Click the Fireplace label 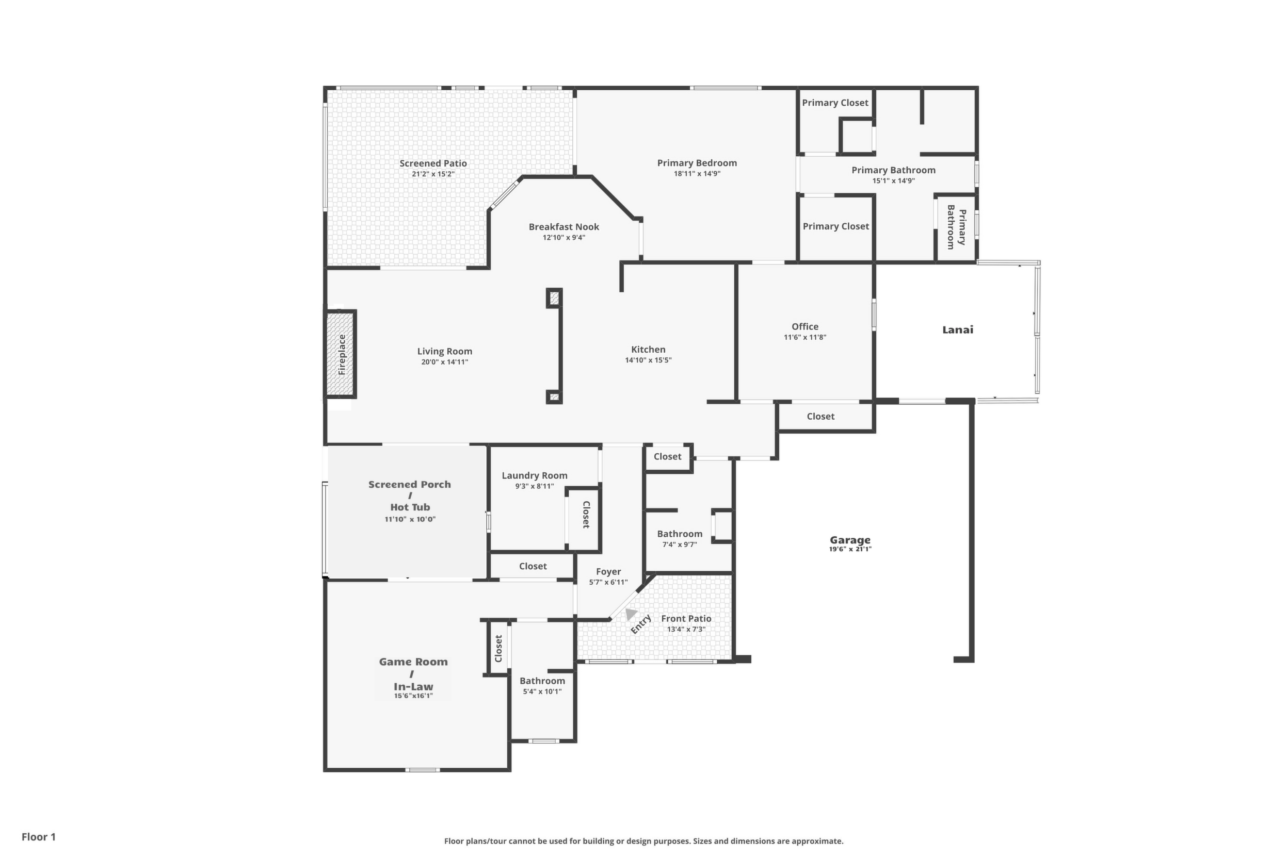[x=342, y=355]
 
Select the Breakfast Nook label [x=564, y=226]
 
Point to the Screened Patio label [x=433, y=163]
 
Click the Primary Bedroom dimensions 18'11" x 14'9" [x=697, y=174]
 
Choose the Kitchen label [x=648, y=349]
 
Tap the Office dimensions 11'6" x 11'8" [x=805, y=338]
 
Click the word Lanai [x=958, y=329]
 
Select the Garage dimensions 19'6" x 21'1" [x=850, y=549]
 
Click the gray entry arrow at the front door [x=631, y=614]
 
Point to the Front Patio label [x=686, y=618]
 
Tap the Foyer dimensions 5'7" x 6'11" [x=608, y=582]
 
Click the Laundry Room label [x=535, y=475]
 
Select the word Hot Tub [x=410, y=507]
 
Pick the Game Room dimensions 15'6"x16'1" [x=413, y=696]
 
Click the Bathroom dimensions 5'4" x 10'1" [x=542, y=691]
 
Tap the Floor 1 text [x=39, y=837]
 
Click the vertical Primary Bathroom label [x=957, y=226]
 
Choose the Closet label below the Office [x=821, y=417]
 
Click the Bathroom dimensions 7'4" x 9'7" [x=680, y=544]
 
